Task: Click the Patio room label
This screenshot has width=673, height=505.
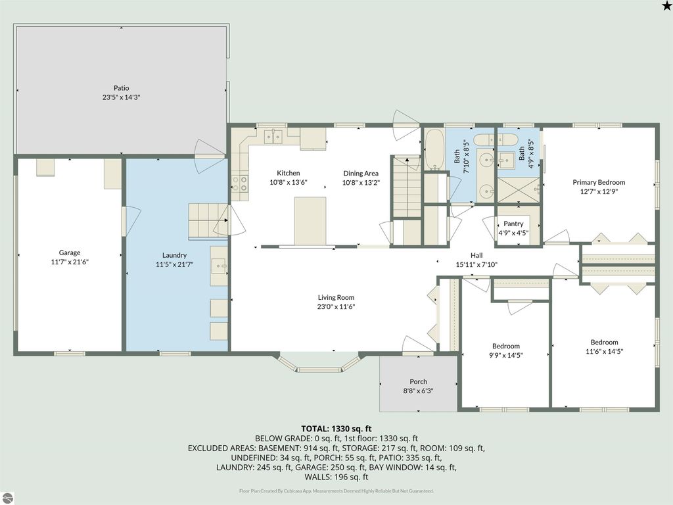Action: (121, 87)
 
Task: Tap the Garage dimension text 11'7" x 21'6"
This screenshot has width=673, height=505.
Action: (70, 262)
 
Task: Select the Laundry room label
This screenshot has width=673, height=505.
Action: (174, 255)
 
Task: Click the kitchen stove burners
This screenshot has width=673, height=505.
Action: (239, 183)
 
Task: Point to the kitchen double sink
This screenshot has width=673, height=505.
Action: (272, 136)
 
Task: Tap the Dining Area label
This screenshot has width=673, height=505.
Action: (361, 174)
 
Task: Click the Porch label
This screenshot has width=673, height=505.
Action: (418, 381)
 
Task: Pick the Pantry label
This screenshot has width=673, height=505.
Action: (513, 224)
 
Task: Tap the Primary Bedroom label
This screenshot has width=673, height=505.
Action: (598, 182)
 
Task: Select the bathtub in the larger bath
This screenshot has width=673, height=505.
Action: (434, 151)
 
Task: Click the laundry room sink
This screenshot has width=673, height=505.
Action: (218, 266)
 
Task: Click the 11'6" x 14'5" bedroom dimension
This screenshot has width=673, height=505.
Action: (604, 351)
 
